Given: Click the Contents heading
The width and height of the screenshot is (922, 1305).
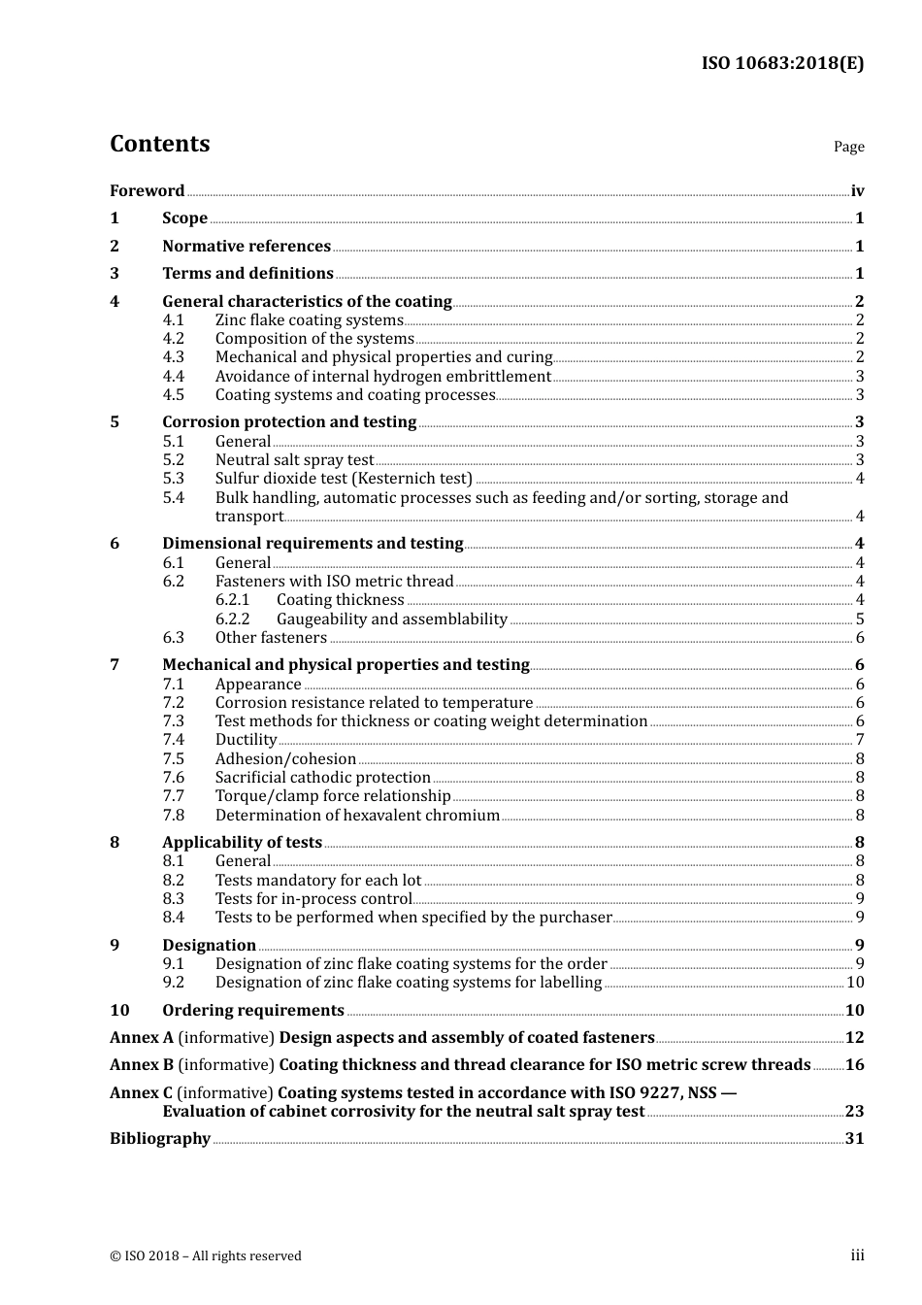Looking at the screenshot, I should pyautogui.click(x=159, y=144).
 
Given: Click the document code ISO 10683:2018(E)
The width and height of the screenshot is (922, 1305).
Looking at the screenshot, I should pyautogui.click(x=782, y=63).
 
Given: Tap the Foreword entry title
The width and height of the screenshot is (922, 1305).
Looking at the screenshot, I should pyautogui.click(x=147, y=191).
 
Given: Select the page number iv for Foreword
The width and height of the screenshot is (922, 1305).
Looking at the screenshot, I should pyautogui.click(x=857, y=191).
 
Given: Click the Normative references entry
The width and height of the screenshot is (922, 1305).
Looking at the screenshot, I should pyautogui.click(x=247, y=247).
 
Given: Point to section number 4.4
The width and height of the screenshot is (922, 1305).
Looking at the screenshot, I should pyautogui.click(x=173, y=377).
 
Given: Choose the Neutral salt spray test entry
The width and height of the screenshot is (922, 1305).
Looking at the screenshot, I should pyautogui.click(x=294, y=460).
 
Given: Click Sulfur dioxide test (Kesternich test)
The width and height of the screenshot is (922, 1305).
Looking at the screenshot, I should pyautogui.click(x=344, y=479).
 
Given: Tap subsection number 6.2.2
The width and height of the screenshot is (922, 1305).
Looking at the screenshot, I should pyautogui.click(x=232, y=619).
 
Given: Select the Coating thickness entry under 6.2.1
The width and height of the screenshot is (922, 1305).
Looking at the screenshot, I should pyautogui.click(x=340, y=600).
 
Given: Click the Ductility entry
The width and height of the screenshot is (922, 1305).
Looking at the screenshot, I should pyautogui.click(x=246, y=740).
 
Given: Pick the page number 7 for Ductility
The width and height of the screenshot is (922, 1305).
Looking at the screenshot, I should pyautogui.click(x=860, y=740).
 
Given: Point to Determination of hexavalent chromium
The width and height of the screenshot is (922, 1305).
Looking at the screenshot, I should pyautogui.click(x=357, y=816).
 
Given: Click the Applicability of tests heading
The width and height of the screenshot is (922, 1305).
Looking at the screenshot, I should pyautogui.click(x=242, y=843).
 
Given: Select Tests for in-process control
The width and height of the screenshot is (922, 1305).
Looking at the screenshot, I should pyautogui.click(x=313, y=899).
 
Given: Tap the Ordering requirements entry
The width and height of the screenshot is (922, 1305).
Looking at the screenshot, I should pyautogui.click(x=253, y=1011).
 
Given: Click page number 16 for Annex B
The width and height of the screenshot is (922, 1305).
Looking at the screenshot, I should pyautogui.click(x=854, y=1065).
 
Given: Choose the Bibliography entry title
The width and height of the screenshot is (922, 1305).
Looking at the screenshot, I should pyautogui.click(x=160, y=1139).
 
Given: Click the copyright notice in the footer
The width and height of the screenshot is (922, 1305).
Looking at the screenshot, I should pyautogui.click(x=206, y=1256).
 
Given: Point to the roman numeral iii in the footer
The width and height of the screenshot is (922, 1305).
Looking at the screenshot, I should pyautogui.click(x=857, y=1255).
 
